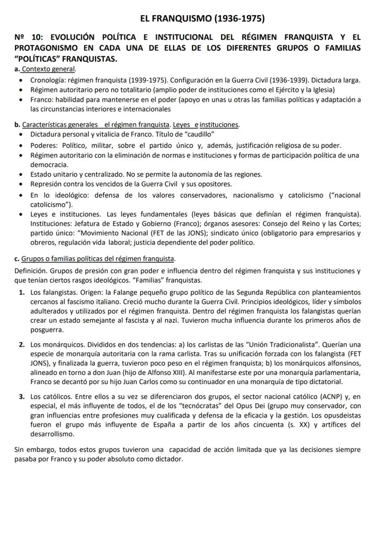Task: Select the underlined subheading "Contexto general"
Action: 49,69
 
